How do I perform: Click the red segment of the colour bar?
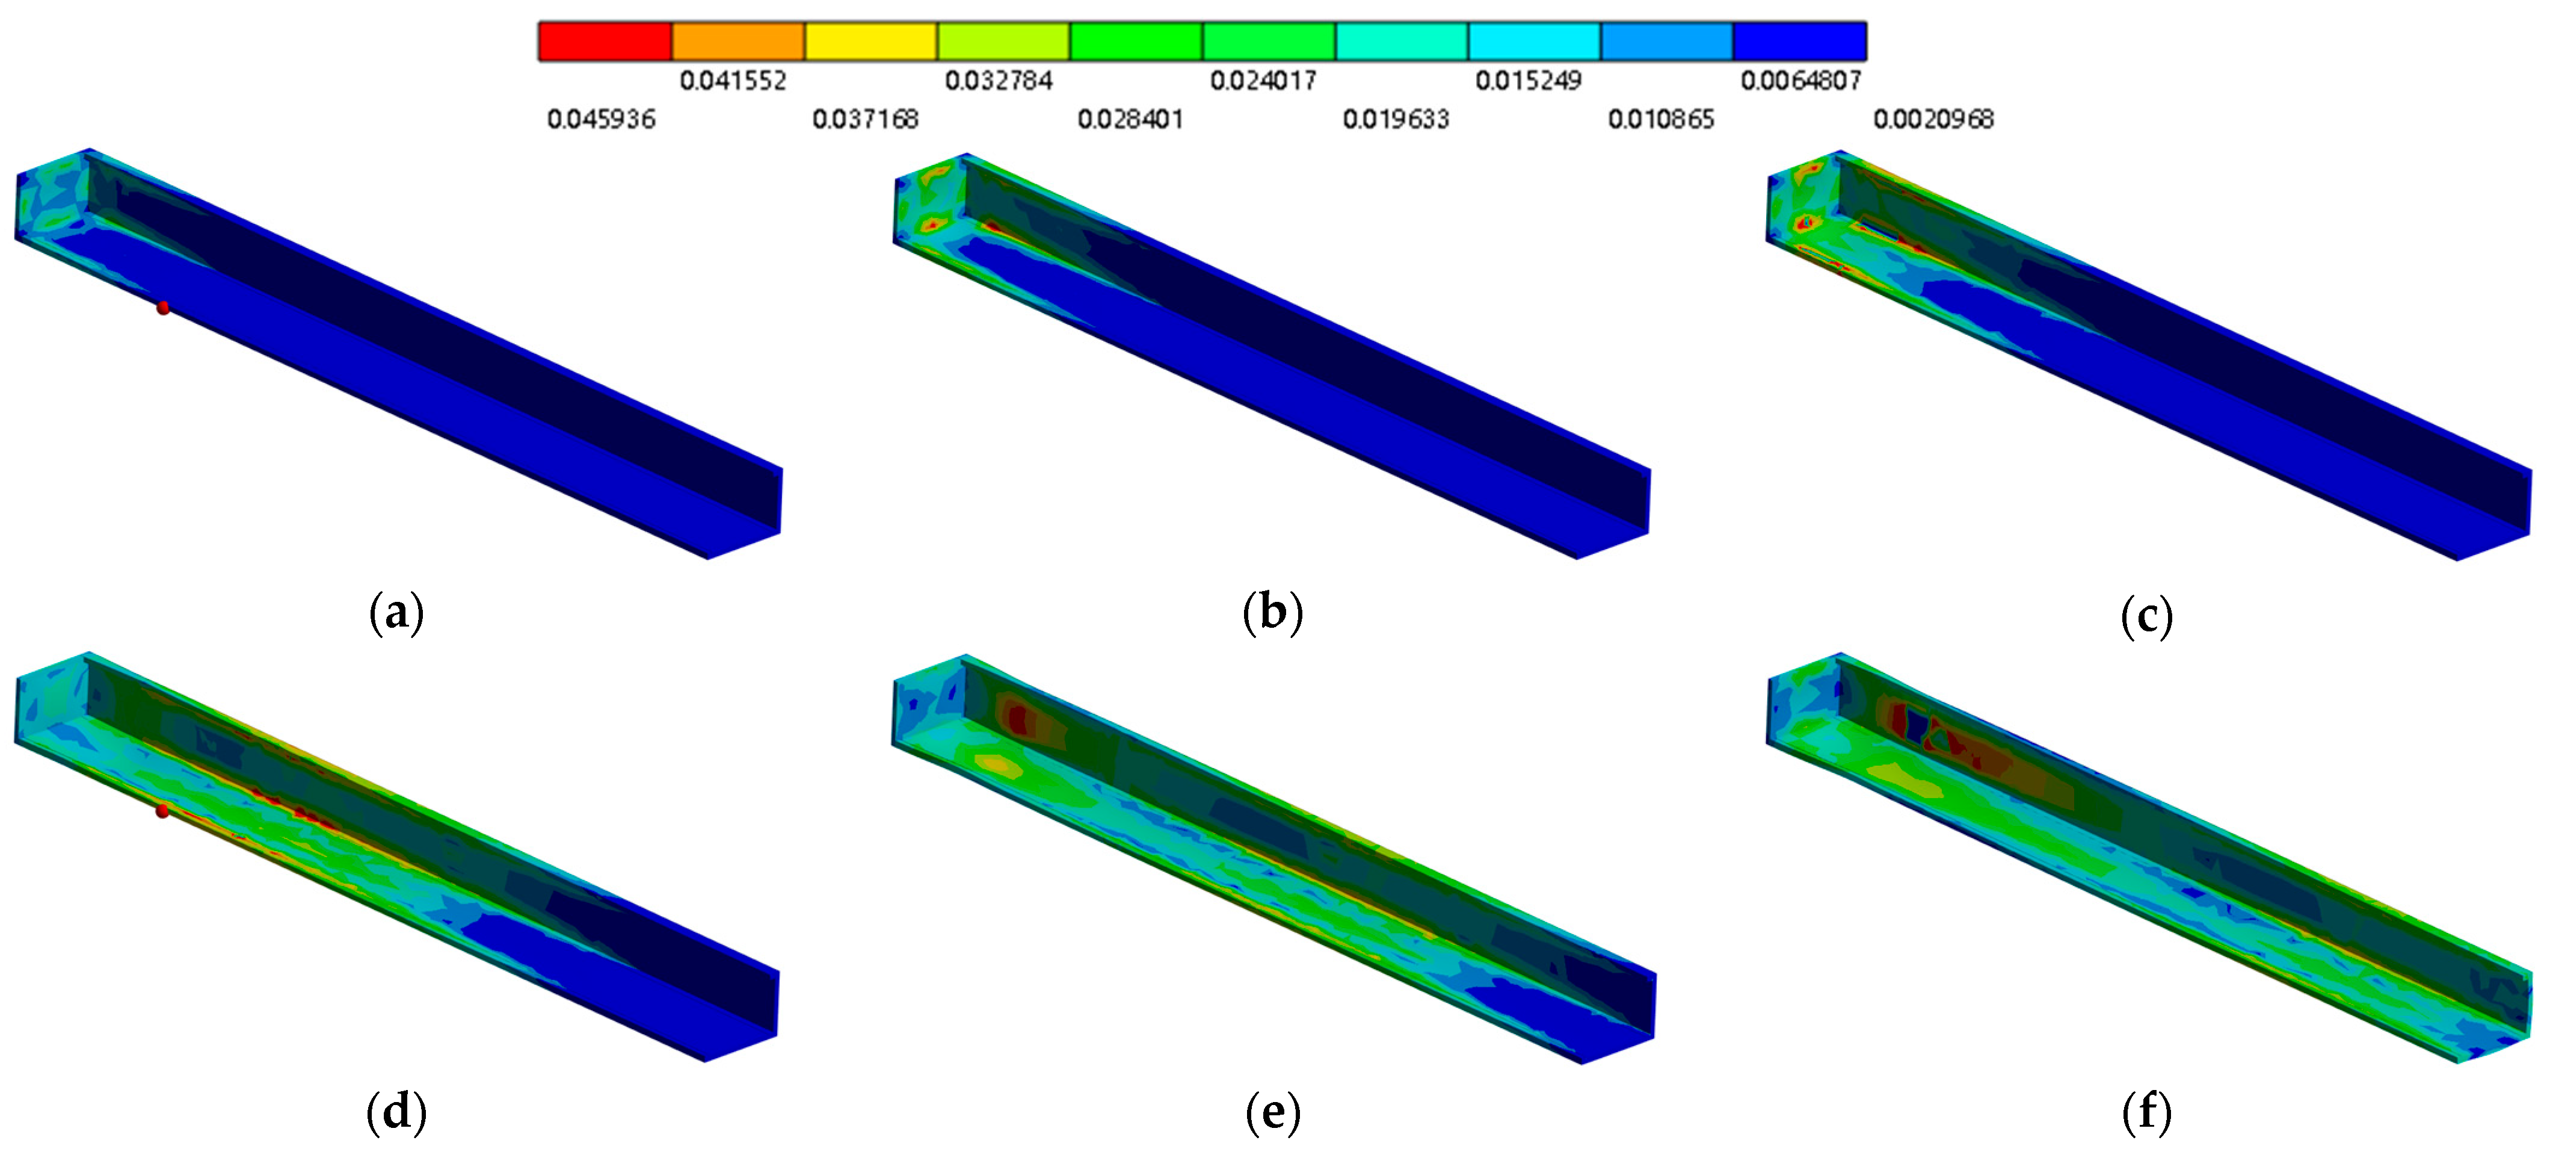click(x=606, y=42)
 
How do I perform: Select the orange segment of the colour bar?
click(x=738, y=42)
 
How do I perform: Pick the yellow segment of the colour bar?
click(x=871, y=42)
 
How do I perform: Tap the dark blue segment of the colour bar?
click(x=1800, y=42)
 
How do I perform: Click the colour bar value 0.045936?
click(x=602, y=120)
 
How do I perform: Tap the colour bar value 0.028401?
click(x=1131, y=120)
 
